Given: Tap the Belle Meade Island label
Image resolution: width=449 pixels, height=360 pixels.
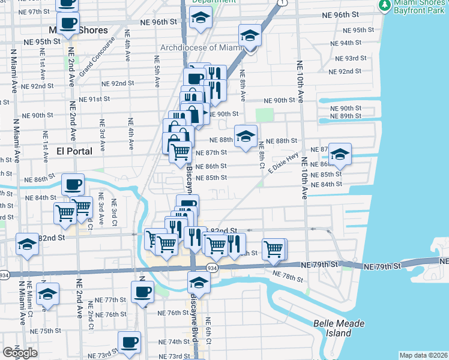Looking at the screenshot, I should [339, 328].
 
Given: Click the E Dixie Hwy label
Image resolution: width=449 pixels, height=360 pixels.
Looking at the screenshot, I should [283, 164].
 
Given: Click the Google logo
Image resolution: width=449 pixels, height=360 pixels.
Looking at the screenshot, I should [20, 353].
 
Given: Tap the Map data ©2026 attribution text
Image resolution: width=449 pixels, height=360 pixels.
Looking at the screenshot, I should [423, 355].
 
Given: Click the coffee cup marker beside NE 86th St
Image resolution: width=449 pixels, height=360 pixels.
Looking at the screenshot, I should [73, 184].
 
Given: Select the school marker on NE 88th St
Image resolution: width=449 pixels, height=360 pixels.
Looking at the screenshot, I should [246, 136].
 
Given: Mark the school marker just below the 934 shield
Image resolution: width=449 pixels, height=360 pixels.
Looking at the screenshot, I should [199, 282].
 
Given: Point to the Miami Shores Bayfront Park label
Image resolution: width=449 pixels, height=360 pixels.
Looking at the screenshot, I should [417, 8].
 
